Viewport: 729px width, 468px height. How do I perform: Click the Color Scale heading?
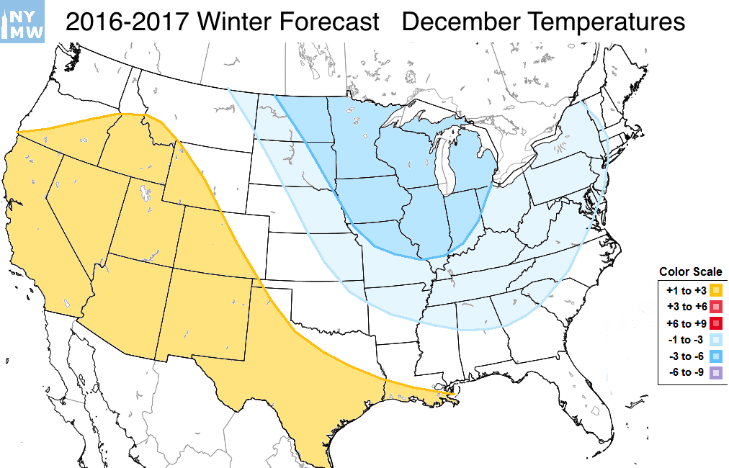pyautogui.click(x=690, y=272)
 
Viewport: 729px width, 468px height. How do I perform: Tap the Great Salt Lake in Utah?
pyautogui.click(x=146, y=194)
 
